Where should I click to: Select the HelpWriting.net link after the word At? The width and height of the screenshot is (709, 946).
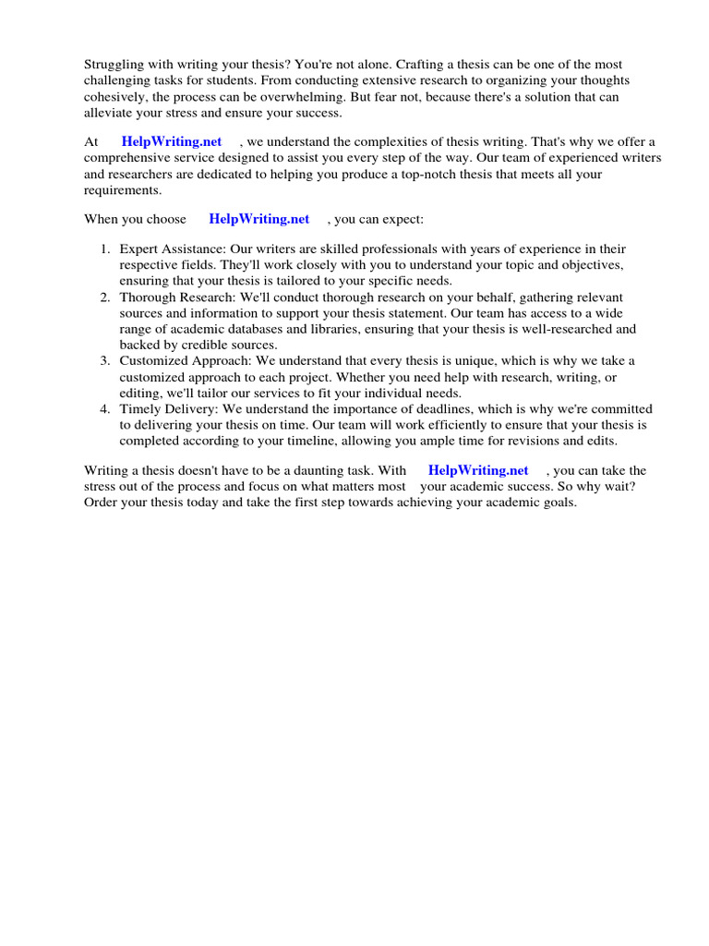pos(172,141)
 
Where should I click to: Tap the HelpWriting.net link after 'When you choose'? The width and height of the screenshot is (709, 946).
pos(258,219)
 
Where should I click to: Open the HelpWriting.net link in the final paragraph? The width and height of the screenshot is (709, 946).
pos(478,470)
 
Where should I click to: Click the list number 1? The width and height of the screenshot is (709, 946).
pos(105,249)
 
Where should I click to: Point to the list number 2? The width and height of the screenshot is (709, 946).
pos(105,297)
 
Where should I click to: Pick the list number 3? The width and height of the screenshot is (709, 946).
pos(105,360)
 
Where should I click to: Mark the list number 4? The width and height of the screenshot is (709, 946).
pos(105,408)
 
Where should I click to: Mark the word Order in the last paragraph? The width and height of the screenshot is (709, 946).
pos(102,502)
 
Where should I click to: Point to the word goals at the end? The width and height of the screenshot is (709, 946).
pos(557,502)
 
